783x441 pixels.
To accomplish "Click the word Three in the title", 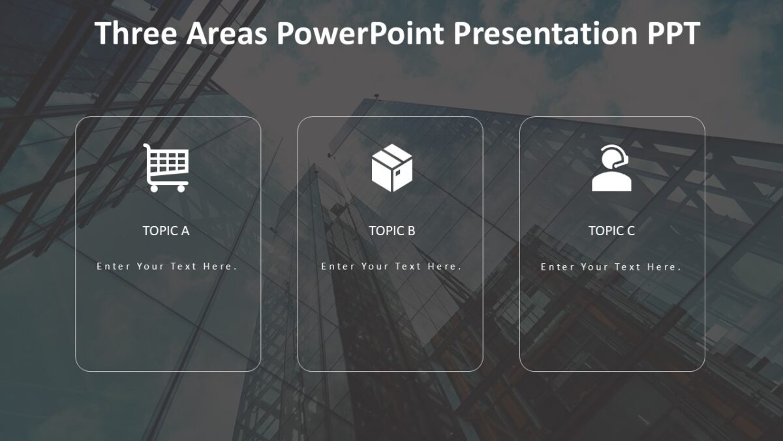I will (x=136, y=33).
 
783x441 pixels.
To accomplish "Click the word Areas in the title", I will (x=226, y=33).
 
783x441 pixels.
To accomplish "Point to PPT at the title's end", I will (x=673, y=33).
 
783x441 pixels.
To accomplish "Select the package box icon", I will (x=391, y=168).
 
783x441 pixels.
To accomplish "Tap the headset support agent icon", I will (x=611, y=168).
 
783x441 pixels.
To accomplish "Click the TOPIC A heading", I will (x=166, y=231).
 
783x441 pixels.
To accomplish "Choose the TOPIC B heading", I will (x=391, y=231).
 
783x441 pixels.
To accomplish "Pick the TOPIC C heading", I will (x=611, y=231).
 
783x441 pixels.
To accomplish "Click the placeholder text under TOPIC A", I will (x=166, y=267).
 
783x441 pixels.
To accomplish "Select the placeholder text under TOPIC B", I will (x=391, y=267).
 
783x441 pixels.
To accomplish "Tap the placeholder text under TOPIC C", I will (x=611, y=267).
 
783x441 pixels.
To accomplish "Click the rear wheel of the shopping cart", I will (x=154, y=188).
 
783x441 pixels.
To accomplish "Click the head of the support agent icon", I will (x=611, y=157).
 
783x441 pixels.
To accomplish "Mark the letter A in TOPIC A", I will (x=185, y=231).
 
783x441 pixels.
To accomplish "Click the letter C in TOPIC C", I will (x=630, y=231).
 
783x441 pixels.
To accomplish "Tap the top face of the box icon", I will (x=392, y=156).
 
